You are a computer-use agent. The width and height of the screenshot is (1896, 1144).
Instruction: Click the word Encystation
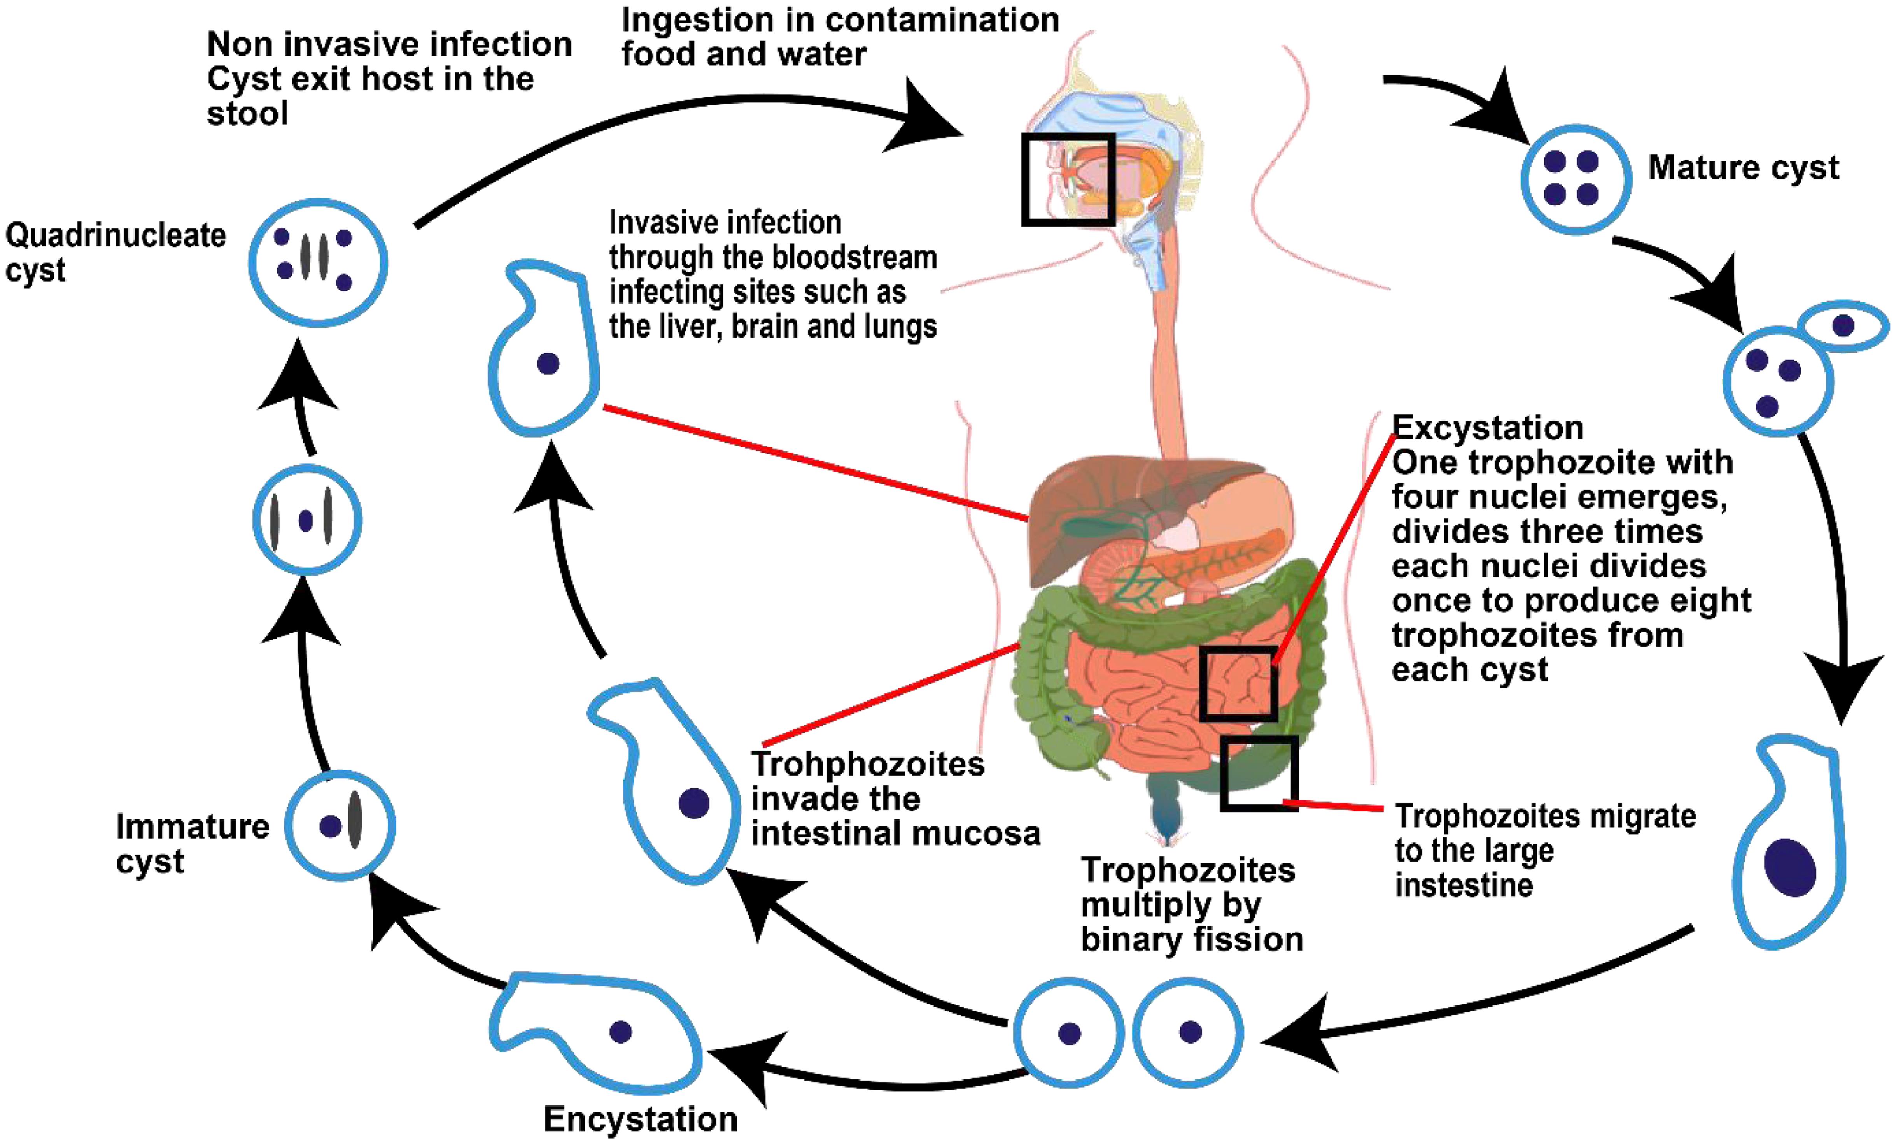pyautogui.click(x=640, y=1119)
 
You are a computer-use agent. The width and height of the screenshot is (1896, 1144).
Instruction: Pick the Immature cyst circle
pyautogui.click(x=340, y=825)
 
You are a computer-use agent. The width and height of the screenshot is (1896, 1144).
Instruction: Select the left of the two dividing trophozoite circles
pyautogui.click(x=1069, y=1032)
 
